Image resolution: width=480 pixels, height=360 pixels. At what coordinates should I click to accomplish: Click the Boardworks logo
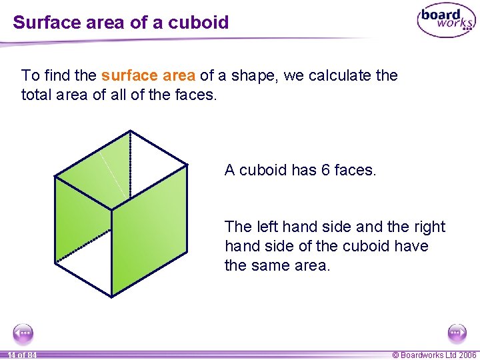446,21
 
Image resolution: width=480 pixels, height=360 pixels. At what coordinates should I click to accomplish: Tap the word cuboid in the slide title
199,23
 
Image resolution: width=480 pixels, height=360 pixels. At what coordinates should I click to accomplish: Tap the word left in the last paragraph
263,227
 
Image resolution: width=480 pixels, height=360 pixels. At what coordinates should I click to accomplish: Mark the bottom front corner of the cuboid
111,295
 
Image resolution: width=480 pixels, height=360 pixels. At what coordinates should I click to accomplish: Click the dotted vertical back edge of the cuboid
129,167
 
